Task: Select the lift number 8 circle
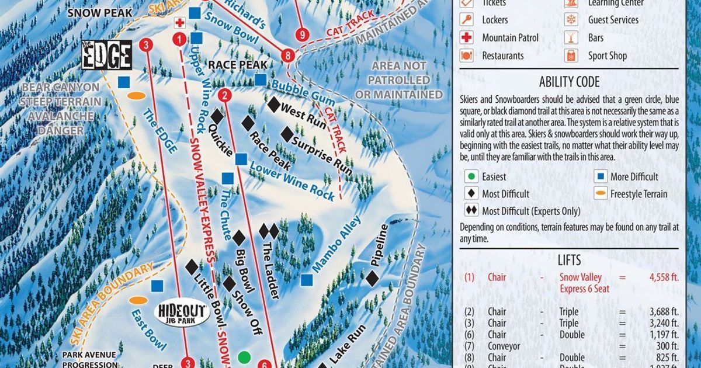click(x=287, y=55)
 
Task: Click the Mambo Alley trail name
click(x=337, y=244)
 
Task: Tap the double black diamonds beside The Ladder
click(x=269, y=231)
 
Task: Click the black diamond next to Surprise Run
click(x=287, y=134)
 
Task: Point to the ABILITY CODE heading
click(x=569, y=82)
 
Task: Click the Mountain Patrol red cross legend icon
click(x=467, y=38)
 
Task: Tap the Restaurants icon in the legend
click(x=467, y=56)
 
